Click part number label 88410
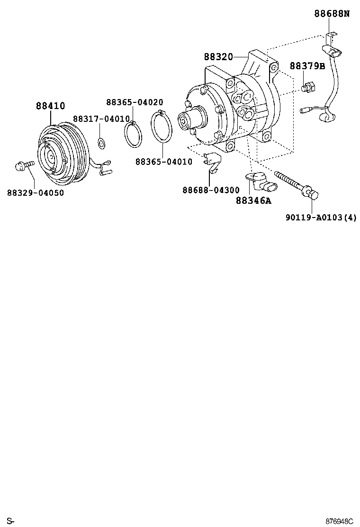(x=50, y=106)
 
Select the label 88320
(x=218, y=57)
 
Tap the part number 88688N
(x=332, y=14)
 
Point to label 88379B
(x=307, y=66)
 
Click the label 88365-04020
(x=135, y=102)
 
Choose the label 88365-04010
(x=163, y=162)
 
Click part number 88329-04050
(x=36, y=192)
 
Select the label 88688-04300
(x=211, y=190)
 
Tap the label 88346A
(x=253, y=201)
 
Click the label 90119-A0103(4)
(x=321, y=218)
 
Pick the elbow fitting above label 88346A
(x=258, y=180)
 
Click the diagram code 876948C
(x=339, y=521)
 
